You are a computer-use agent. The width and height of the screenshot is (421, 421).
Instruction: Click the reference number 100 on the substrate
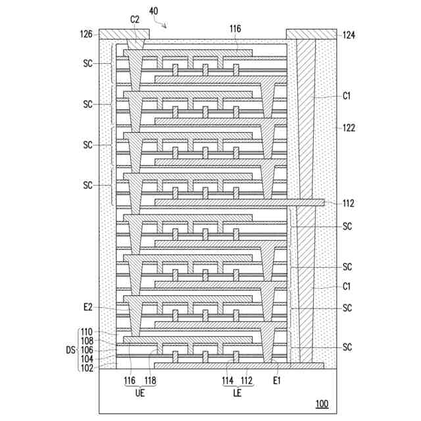[321, 404]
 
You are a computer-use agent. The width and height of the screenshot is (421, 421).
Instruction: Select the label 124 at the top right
[349, 34]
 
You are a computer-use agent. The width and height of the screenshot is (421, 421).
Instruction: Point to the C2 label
[134, 20]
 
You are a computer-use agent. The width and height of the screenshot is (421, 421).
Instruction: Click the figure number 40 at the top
[153, 11]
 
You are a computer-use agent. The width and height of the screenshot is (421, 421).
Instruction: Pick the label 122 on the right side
[349, 128]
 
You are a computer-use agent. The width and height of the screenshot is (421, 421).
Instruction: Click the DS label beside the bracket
[70, 350]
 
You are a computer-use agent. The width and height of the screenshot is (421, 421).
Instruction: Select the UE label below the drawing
[139, 394]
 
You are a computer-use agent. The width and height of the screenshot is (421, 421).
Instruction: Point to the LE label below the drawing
[239, 394]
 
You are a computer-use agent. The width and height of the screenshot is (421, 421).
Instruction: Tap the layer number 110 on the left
[87, 332]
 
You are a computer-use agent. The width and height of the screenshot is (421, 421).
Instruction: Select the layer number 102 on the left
[87, 368]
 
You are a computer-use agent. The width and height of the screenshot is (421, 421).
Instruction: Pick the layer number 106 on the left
[87, 350]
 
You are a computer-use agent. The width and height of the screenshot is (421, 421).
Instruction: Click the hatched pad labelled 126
[124, 34]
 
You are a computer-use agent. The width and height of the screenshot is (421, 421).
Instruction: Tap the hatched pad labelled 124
[310, 34]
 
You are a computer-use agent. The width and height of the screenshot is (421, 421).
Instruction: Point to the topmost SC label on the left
[88, 63]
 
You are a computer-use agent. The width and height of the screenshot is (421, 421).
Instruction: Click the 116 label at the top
[235, 29]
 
